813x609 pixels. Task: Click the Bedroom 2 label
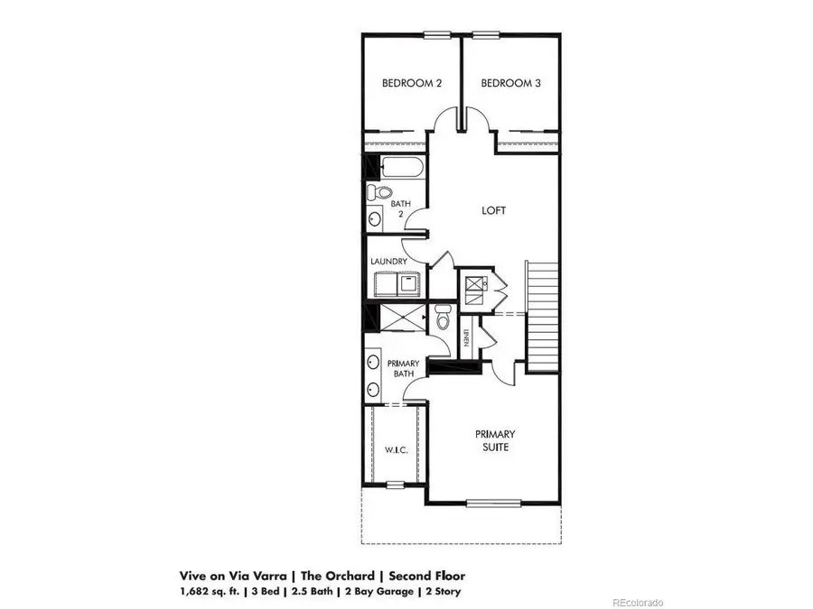412,84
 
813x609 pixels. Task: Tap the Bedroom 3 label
510,84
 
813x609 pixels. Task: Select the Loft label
493,210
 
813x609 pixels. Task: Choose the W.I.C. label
394,449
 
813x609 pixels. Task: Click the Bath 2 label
400,209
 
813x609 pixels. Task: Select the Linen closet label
466,339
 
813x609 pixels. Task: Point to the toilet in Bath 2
380,192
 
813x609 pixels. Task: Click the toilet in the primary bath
443,318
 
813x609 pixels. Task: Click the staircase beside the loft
543,316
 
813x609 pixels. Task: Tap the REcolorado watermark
638,602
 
